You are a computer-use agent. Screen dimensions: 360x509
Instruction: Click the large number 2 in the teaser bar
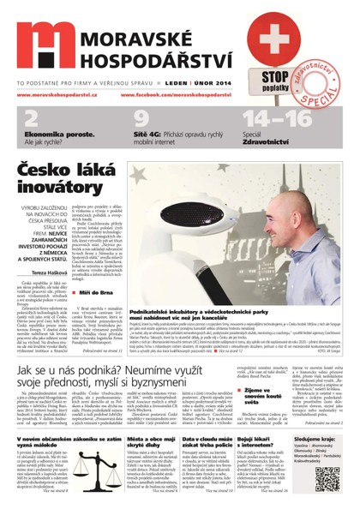click(x=31, y=118)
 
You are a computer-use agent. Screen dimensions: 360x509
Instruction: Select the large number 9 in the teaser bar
click(x=141, y=118)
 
